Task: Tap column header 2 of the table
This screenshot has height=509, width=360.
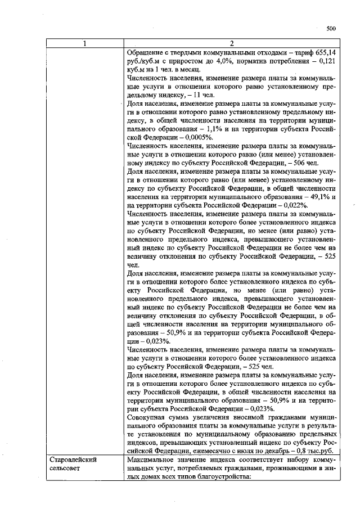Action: pos(231,43)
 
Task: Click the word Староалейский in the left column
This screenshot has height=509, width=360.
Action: pos(70,460)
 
